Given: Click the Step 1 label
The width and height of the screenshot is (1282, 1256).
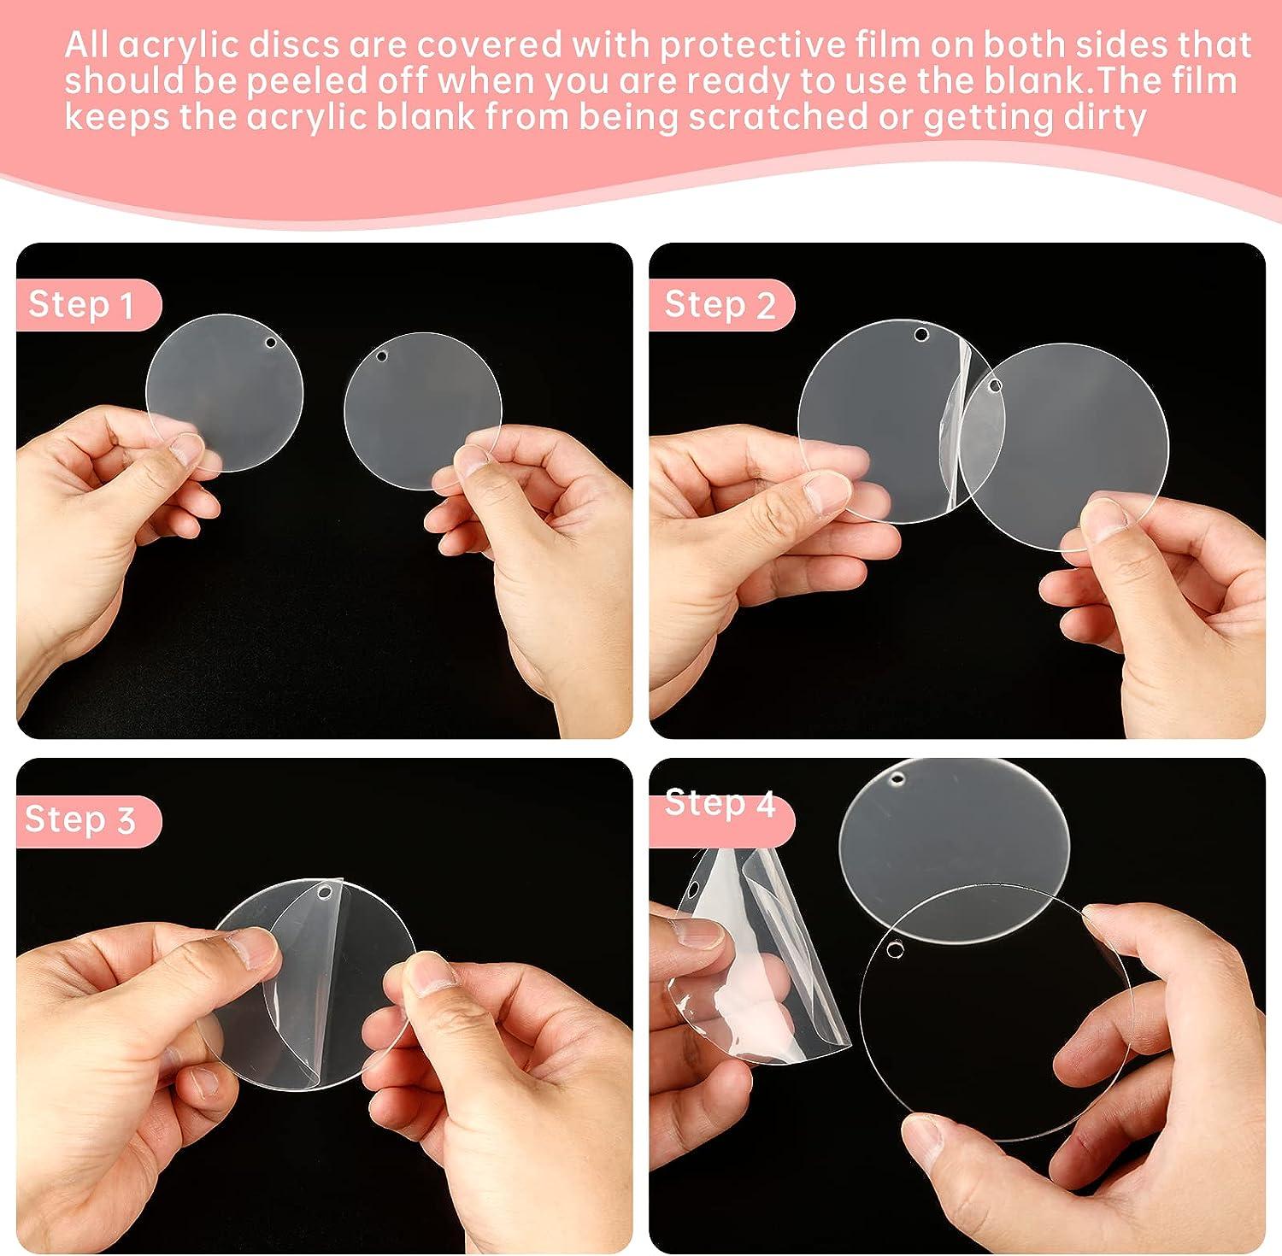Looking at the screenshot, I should [82, 304].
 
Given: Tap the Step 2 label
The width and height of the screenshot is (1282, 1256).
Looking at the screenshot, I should [720, 304].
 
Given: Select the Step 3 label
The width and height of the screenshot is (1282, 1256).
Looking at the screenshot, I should [80, 819].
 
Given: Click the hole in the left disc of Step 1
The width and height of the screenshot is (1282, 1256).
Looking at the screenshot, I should [271, 343].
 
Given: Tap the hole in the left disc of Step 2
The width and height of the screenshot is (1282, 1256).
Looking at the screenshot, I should [920, 333].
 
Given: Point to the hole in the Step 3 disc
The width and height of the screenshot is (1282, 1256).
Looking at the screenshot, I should [326, 894].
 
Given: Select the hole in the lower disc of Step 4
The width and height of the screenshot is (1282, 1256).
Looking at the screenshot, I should [894, 948].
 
